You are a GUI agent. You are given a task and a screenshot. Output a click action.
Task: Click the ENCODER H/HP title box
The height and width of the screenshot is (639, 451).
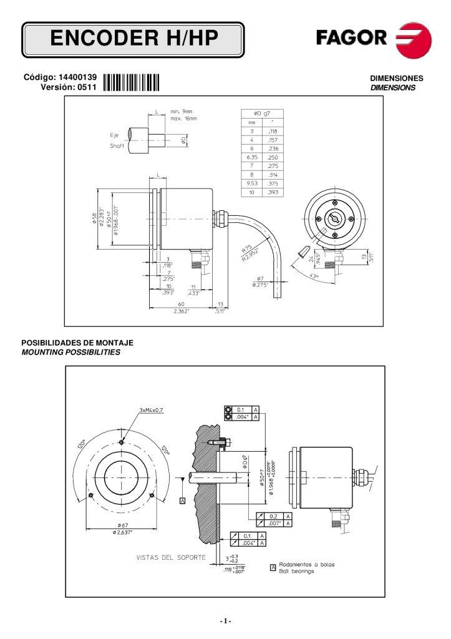(133, 40)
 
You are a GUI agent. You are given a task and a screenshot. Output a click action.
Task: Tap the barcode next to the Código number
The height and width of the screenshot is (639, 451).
(132, 82)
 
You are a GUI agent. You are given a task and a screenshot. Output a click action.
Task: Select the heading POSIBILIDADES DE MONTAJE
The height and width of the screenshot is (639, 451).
(77, 343)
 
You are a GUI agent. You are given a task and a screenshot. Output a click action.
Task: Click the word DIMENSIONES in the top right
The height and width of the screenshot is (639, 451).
(397, 79)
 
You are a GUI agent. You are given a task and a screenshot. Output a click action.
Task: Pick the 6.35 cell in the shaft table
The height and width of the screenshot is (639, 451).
(253, 159)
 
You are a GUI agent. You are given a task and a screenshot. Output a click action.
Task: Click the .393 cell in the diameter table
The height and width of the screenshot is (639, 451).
(273, 193)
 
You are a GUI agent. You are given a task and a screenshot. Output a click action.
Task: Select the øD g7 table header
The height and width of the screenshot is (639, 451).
(262, 113)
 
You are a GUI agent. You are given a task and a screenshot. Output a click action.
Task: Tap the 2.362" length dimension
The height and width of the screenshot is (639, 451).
(181, 311)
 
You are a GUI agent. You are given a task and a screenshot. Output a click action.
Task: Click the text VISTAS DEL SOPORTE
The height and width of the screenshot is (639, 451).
(170, 557)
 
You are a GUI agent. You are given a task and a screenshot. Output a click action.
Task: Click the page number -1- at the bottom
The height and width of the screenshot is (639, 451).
(225, 621)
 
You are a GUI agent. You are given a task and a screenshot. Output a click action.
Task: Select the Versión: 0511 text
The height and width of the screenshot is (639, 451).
(68, 87)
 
